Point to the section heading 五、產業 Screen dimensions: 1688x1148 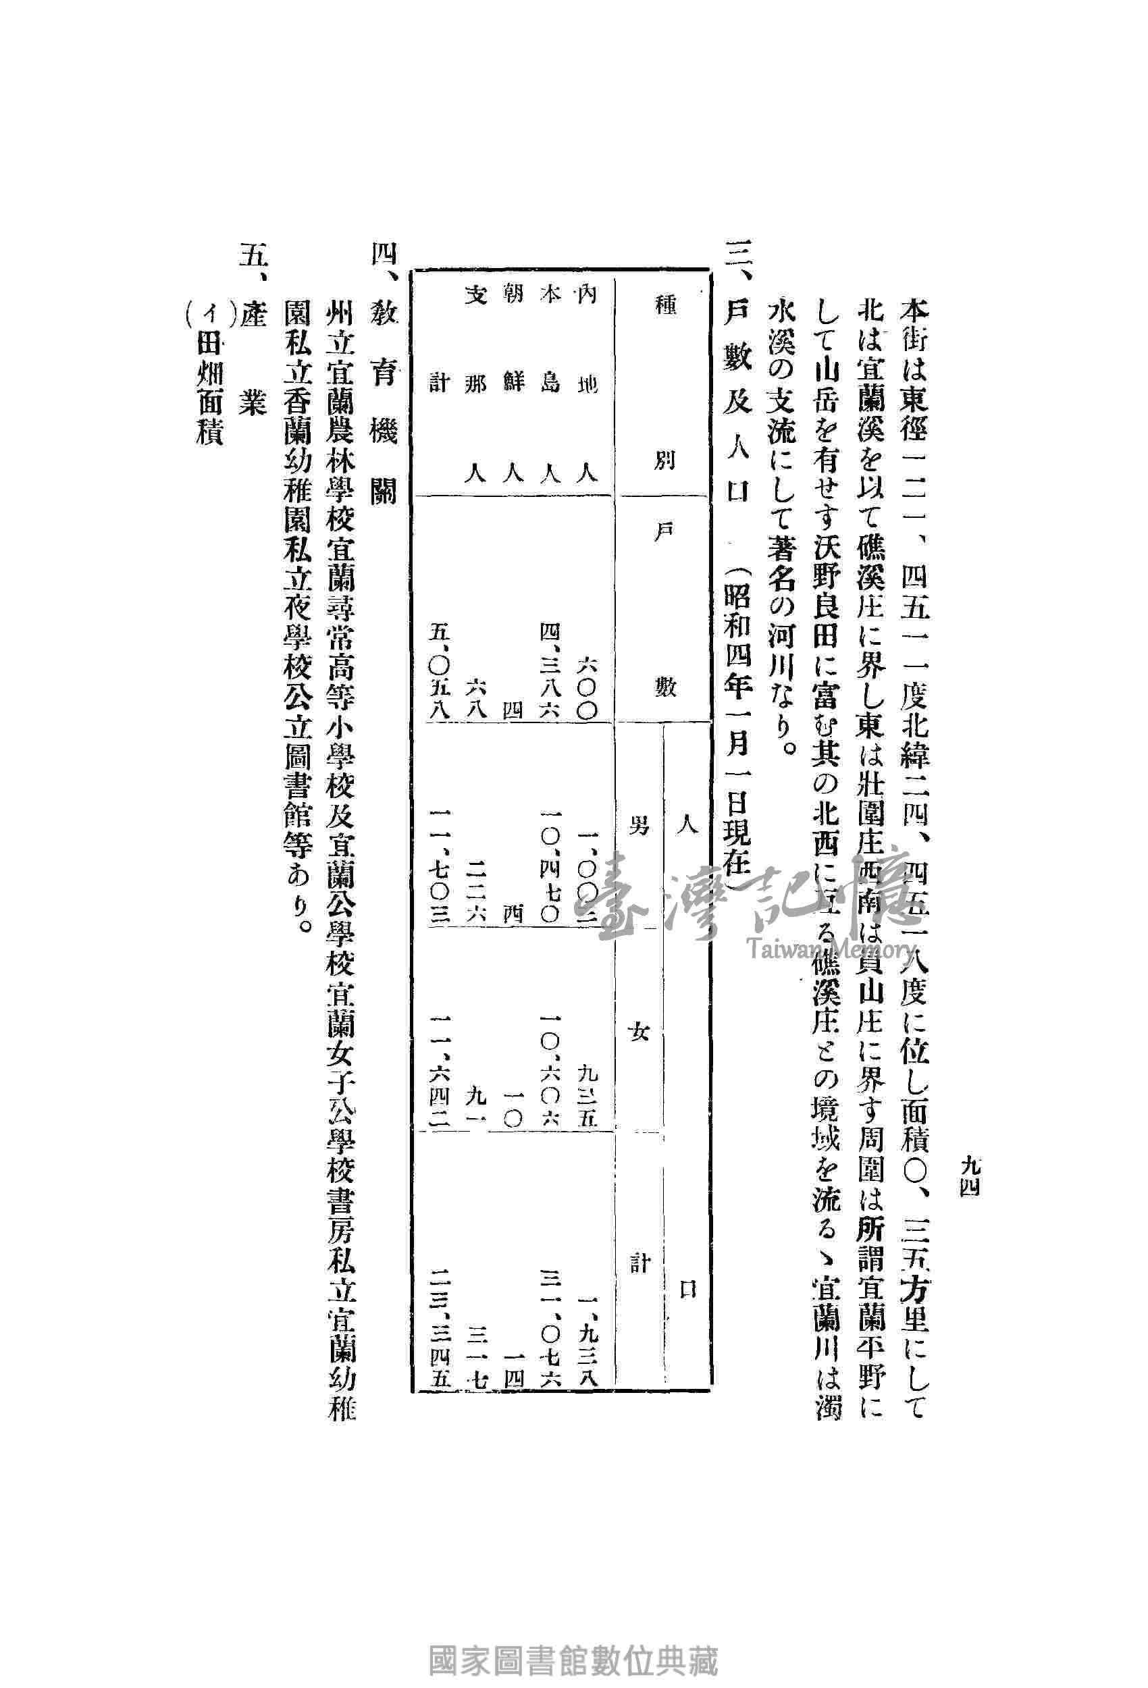click(x=251, y=342)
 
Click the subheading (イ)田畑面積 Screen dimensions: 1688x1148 click(x=205, y=377)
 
